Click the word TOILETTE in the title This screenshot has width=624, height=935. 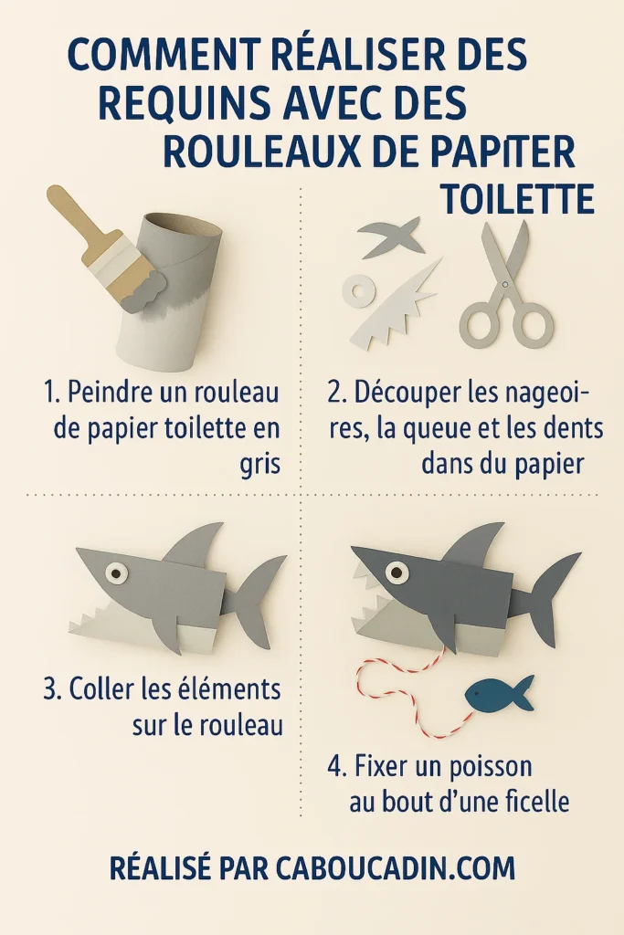(x=516, y=198)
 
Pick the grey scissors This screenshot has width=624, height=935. (x=505, y=288)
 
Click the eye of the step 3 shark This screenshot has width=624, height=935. (x=116, y=573)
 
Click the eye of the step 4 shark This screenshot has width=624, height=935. (x=397, y=573)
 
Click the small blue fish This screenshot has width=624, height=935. (x=498, y=695)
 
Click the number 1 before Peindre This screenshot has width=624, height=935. (x=50, y=394)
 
